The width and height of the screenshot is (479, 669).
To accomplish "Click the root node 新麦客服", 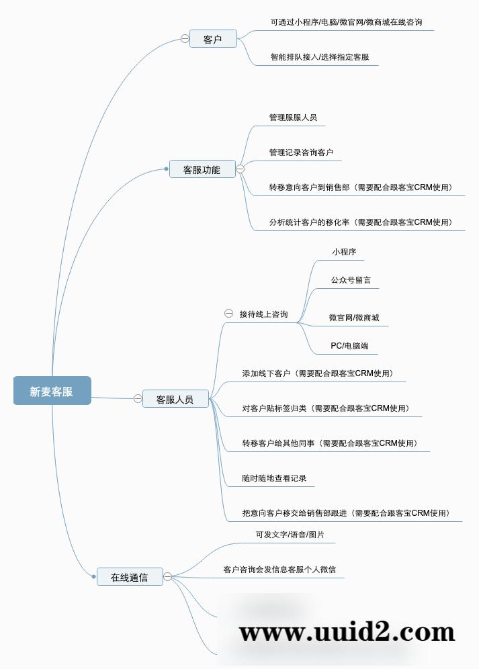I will point(52,391).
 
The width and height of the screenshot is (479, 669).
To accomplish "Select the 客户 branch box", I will point(213,39).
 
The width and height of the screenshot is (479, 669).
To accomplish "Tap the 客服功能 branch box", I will point(202,169).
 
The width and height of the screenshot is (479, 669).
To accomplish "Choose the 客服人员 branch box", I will point(175,399).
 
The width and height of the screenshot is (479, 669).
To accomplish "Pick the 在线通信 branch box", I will point(129,576).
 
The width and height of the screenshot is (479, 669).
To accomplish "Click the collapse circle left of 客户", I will point(185,39).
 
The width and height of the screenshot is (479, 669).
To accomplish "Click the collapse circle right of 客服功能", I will point(240,169).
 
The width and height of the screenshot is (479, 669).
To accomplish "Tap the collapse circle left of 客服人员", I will point(138,399).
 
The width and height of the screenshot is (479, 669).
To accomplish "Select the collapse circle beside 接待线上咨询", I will point(228,314).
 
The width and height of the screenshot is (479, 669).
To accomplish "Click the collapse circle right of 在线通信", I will point(168,576).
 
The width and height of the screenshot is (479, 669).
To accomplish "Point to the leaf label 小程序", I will point(344,252).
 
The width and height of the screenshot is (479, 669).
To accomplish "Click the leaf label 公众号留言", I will point(351,279).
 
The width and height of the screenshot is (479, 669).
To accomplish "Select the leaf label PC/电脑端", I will point(349,346).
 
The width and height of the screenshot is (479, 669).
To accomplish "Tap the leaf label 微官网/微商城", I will point(354,317).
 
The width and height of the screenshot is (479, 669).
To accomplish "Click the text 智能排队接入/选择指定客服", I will point(320,57).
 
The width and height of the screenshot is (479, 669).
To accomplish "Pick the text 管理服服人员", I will point(293,117).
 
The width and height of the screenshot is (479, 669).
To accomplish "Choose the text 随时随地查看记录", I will point(274,478).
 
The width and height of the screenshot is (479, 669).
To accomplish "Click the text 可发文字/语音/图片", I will point(290,535).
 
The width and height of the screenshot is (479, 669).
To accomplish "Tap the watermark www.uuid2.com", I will point(347,632).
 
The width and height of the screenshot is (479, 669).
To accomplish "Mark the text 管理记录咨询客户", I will point(301,152).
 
